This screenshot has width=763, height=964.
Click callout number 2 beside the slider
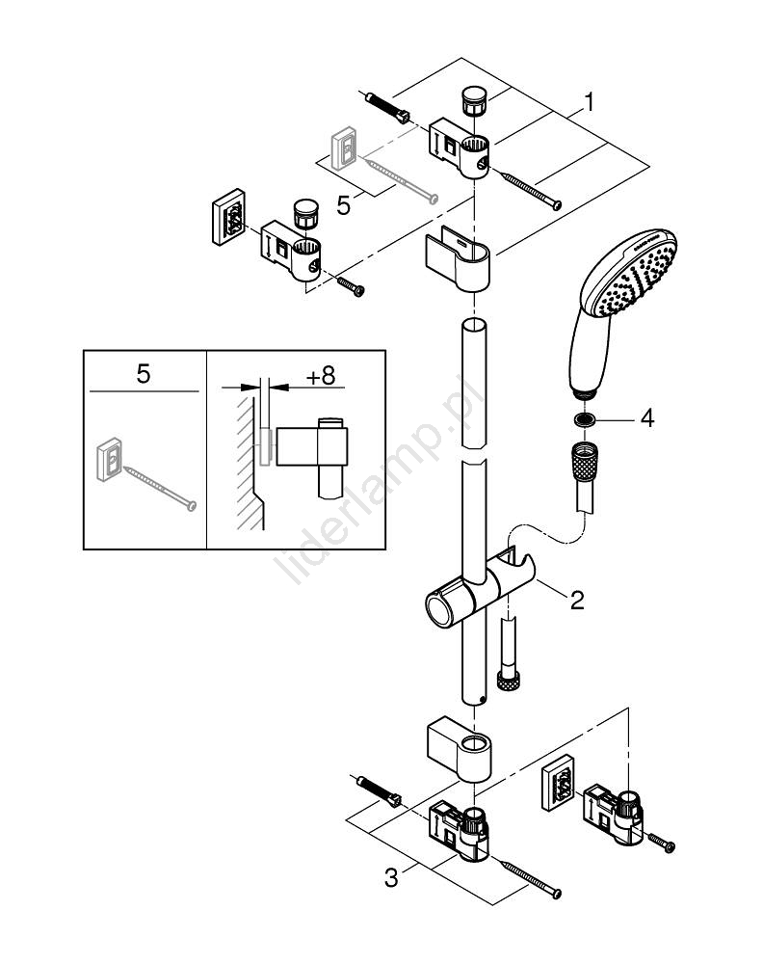click(x=576, y=600)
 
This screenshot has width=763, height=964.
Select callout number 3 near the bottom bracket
click(x=390, y=878)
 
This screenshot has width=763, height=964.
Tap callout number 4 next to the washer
click(x=646, y=419)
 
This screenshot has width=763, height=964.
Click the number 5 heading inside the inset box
click(x=143, y=374)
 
